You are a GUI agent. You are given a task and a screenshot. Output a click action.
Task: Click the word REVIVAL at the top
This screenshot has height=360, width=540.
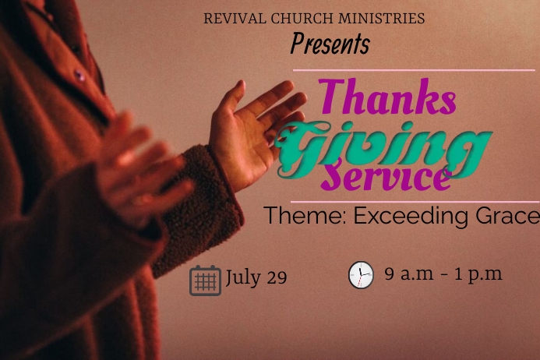coord(233,19)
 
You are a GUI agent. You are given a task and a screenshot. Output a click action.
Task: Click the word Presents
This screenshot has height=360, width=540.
coord(330,44)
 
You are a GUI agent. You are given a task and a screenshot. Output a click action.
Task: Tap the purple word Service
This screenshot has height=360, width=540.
coord(386,177)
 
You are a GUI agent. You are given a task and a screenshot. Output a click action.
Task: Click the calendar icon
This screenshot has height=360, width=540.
coord(205,281)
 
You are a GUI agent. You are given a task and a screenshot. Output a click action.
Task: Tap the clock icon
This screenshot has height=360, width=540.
coord(361,275)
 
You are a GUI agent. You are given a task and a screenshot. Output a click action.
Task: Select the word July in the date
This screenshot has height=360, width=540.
coord(242,277)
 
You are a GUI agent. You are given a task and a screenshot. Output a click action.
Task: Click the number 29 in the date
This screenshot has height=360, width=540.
coord(277,277)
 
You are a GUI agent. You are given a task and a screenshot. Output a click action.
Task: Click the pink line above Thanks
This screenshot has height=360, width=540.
coord(413,70)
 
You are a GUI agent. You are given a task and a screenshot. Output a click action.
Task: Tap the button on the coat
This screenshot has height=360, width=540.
coord(79,76)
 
